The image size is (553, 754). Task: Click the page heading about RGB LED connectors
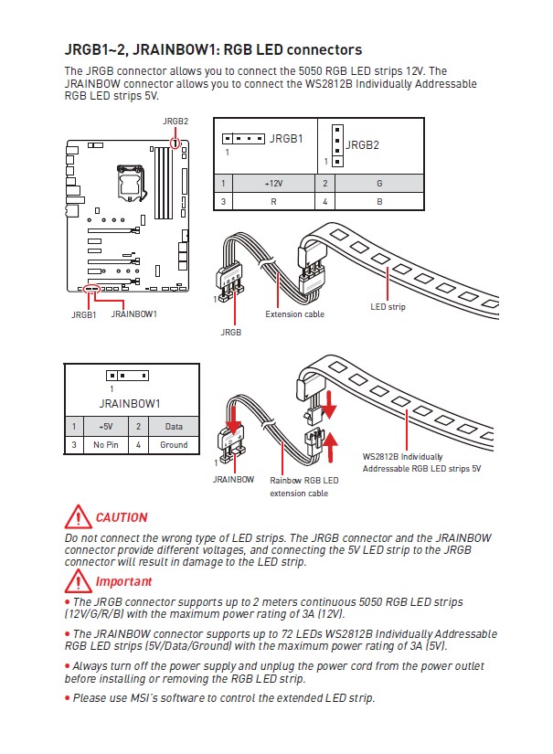coord(213,49)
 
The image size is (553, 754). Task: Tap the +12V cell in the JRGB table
coord(273,183)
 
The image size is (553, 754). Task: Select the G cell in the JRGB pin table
coord(379,183)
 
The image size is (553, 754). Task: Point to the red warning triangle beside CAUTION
coord(77,517)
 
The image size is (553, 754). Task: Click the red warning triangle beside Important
coord(77,581)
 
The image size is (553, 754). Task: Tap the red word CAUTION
coord(122,517)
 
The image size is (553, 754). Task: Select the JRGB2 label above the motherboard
coord(175,121)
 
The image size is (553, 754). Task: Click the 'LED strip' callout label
coord(388,307)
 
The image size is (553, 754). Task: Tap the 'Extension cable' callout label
coord(294,313)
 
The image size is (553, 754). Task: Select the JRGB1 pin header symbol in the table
coord(243,139)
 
